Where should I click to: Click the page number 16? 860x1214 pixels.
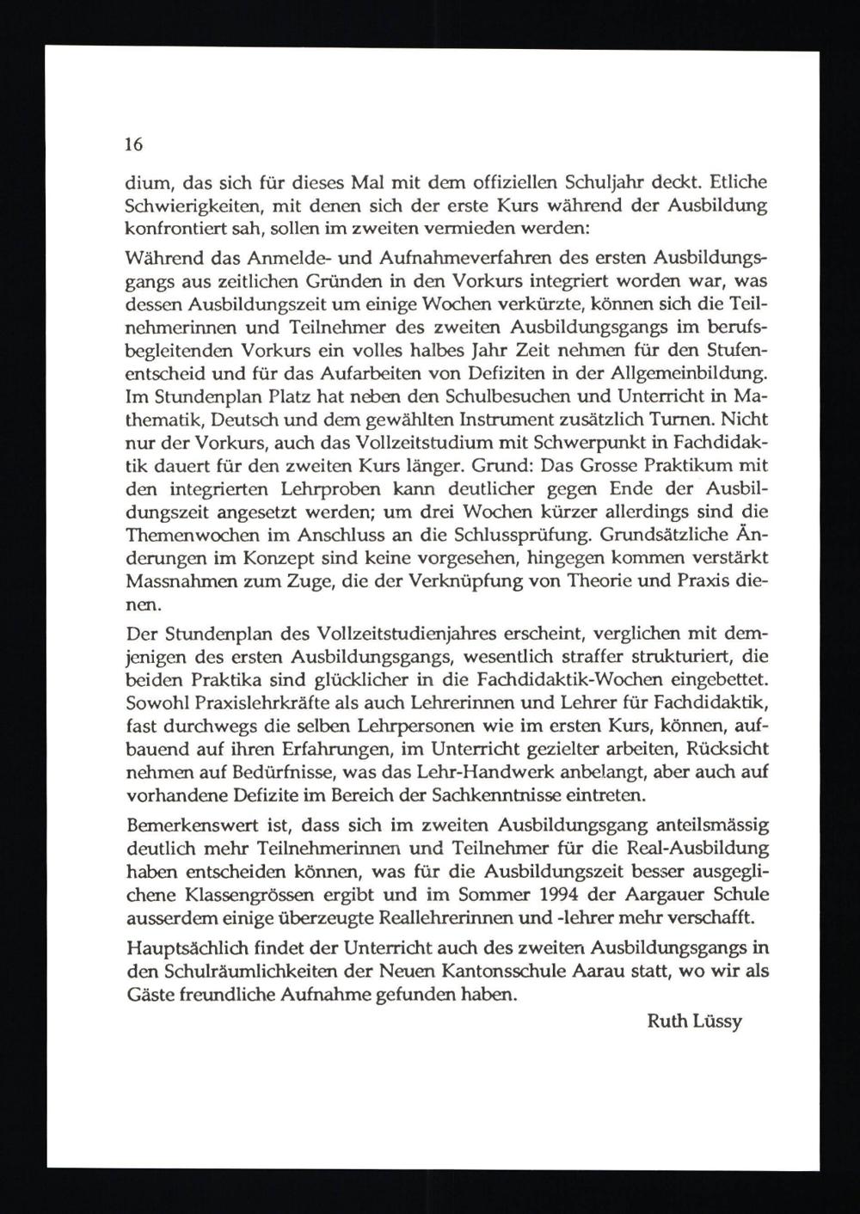pos(133,145)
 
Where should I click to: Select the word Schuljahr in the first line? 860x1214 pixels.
pos(605,183)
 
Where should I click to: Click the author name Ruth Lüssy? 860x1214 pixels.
pos(694,1022)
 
